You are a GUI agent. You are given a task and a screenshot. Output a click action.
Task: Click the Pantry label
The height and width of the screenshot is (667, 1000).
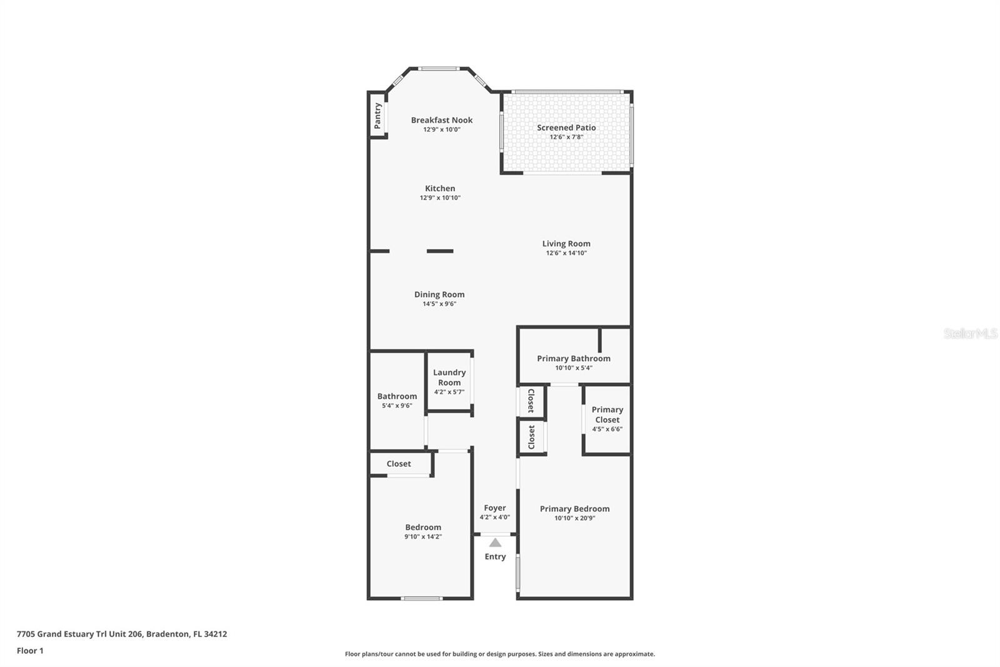point(377,116)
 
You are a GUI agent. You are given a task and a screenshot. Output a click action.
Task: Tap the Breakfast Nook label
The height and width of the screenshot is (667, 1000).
point(441,120)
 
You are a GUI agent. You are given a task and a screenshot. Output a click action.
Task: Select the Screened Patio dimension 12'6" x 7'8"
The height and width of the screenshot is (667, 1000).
point(566,137)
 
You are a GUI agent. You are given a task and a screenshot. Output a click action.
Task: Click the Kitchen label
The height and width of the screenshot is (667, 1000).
point(440,188)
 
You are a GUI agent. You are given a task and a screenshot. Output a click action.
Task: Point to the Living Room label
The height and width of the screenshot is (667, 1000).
point(566,244)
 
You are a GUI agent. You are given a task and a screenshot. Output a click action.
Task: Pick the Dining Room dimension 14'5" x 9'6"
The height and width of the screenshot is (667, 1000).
point(439,304)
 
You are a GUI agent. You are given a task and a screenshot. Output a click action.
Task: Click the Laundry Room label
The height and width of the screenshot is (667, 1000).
point(449,377)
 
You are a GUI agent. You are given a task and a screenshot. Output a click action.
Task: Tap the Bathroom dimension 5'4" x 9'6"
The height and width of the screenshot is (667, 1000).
point(397,405)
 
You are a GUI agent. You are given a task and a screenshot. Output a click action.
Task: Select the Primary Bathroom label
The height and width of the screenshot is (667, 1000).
point(573,359)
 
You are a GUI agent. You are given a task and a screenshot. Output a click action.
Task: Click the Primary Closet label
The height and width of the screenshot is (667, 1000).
point(607,414)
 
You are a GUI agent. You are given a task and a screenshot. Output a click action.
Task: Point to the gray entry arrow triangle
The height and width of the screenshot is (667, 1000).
point(495,542)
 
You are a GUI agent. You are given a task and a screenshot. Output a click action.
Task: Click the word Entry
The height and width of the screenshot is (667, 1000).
point(495,557)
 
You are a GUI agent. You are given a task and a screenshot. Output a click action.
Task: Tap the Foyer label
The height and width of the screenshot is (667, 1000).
point(494,508)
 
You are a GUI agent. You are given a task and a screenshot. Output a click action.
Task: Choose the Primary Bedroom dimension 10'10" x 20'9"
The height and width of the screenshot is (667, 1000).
point(574,518)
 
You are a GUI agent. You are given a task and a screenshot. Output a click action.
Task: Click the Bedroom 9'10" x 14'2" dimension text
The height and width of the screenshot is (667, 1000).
point(423,537)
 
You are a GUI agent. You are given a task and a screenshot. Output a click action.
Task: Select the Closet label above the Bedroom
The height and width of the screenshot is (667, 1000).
point(399,464)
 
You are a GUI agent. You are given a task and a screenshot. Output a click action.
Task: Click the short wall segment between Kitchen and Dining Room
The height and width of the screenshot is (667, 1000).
point(440,252)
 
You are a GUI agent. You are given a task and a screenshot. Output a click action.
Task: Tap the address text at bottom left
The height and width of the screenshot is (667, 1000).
point(122,634)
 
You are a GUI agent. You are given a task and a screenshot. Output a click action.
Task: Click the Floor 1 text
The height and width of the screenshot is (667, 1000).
point(30,651)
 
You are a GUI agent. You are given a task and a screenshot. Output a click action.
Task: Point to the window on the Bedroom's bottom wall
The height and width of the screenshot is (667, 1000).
point(422,599)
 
